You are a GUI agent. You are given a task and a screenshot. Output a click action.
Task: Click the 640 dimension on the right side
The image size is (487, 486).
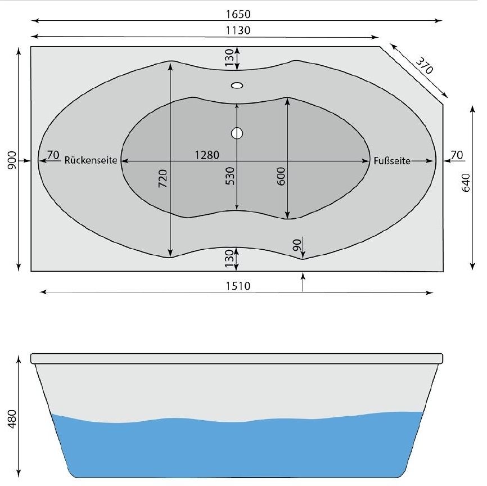(x=466, y=183)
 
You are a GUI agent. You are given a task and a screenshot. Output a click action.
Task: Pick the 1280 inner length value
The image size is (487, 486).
(x=207, y=155)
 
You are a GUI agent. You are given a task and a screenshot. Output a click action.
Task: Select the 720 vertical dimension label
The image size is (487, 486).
(x=163, y=183)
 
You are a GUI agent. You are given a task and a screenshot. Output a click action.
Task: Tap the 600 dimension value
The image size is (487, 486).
(x=281, y=176)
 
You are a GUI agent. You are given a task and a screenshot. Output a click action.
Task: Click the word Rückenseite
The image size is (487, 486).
(x=91, y=160)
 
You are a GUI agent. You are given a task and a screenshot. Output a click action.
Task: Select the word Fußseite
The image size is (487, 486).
(x=392, y=160)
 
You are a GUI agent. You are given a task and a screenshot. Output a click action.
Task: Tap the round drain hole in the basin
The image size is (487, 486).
(x=237, y=133)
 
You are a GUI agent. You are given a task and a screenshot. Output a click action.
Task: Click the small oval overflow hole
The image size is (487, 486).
(x=237, y=85)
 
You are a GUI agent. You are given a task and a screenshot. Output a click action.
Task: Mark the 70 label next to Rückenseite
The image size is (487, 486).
(x=53, y=155)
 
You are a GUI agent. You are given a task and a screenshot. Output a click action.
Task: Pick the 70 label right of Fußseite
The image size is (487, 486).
(x=456, y=155)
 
